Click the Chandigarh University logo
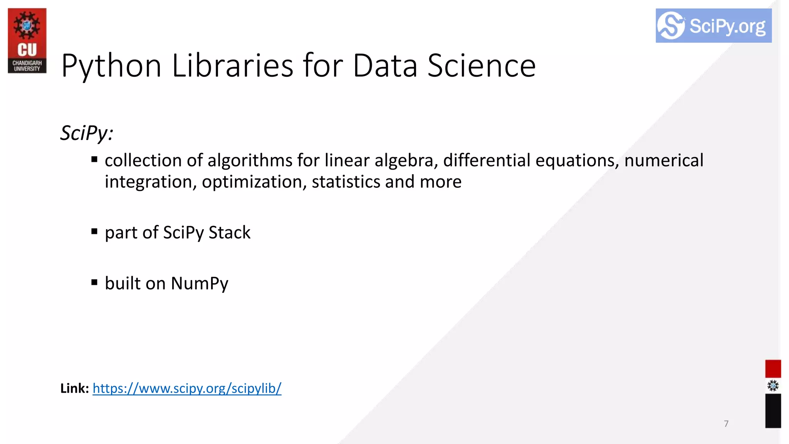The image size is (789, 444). pyautogui.click(x=27, y=40)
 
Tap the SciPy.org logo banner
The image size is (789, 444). pyautogui.click(x=713, y=26)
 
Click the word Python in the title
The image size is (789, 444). pyautogui.click(x=111, y=66)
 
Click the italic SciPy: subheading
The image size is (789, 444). pyautogui.click(x=87, y=133)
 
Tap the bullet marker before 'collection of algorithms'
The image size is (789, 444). pyautogui.click(x=94, y=159)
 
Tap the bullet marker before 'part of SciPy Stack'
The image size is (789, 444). pyautogui.click(x=94, y=231)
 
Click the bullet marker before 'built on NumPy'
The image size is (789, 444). pyautogui.click(x=94, y=282)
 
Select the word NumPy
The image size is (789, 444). pyautogui.click(x=200, y=284)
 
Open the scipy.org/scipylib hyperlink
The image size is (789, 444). pyautogui.click(x=187, y=388)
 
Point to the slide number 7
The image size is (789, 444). pyautogui.click(x=726, y=424)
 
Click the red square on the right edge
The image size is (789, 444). pyautogui.click(x=773, y=368)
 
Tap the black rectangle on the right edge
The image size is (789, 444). pyautogui.click(x=773, y=411)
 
